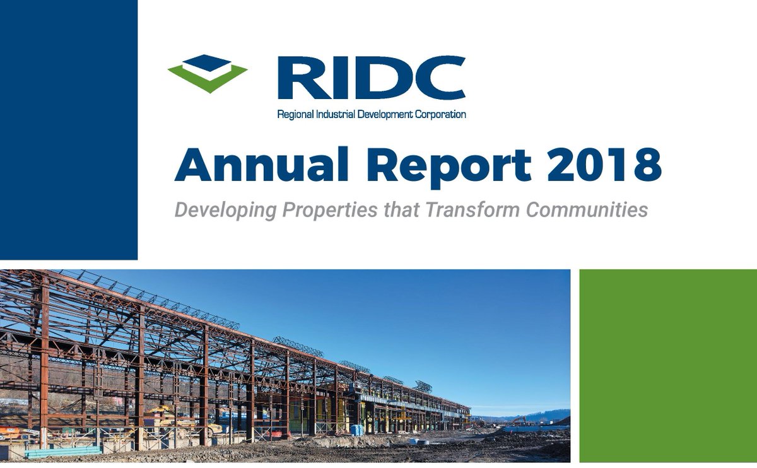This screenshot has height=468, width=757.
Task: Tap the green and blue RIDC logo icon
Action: pos(208,73)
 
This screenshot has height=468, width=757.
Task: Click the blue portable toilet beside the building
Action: pos(357,429)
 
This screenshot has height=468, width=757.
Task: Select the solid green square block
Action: pos(667,366)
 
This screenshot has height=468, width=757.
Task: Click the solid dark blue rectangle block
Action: pos(68,129)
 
